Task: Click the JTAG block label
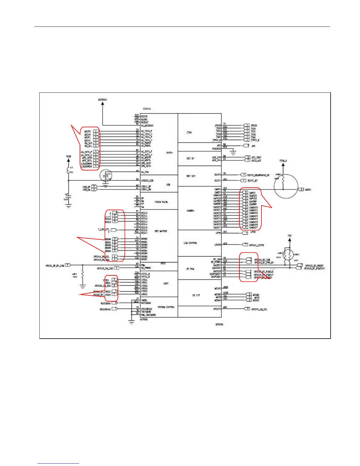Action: point(189,132)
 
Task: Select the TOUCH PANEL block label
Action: point(161,202)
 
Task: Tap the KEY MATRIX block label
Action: point(161,231)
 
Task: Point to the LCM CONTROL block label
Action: point(190,243)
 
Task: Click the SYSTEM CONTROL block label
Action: point(166,307)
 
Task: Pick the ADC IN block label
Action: point(190,158)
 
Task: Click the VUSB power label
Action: point(68,157)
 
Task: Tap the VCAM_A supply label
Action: point(283,161)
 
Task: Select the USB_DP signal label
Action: point(86,187)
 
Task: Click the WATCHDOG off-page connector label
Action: point(105,303)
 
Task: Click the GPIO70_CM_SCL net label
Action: point(259,309)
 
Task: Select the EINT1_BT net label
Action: point(252,180)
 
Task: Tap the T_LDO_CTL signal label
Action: point(104,229)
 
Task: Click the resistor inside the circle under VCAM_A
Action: point(283,180)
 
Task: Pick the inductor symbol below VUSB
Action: point(68,171)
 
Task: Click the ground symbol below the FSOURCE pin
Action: point(233,152)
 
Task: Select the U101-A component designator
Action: point(147,109)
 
